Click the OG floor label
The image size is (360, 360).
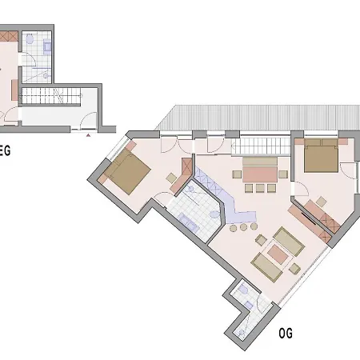pyautogui.click(x=286, y=333)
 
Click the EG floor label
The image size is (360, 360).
pyautogui.click(x=5, y=151)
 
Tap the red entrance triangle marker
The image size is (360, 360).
pyautogui.click(x=88, y=135)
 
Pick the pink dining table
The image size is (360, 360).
pyautogui.click(x=260, y=174)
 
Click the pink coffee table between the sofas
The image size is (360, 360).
pyautogui.click(x=278, y=254)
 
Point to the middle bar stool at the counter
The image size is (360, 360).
pyautogui.click(x=243, y=227)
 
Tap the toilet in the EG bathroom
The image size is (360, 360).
pyautogui.click(x=30, y=39)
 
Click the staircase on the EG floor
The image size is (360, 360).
pyautogui.click(x=50, y=96)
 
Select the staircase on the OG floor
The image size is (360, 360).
pyautogui.click(x=261, y=146)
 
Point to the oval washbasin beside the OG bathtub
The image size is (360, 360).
pyautogui.click(x=214, y=214)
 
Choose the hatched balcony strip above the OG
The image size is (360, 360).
pyautogui.click(x=258, y=118)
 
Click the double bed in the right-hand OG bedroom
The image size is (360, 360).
pyautogui.click(x=322, y=155)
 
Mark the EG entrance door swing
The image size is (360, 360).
pyautogui.click(x=89, y=121)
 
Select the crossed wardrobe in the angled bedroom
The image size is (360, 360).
pyautogui.click(x=187, y=166)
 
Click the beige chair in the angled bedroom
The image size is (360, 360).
pyautogui.click(x=171, y=178)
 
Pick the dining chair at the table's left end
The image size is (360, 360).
pyautogui.click(x=237, y=174)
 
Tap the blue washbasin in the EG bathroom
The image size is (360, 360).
pyautogui.click(x=47, y=47)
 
